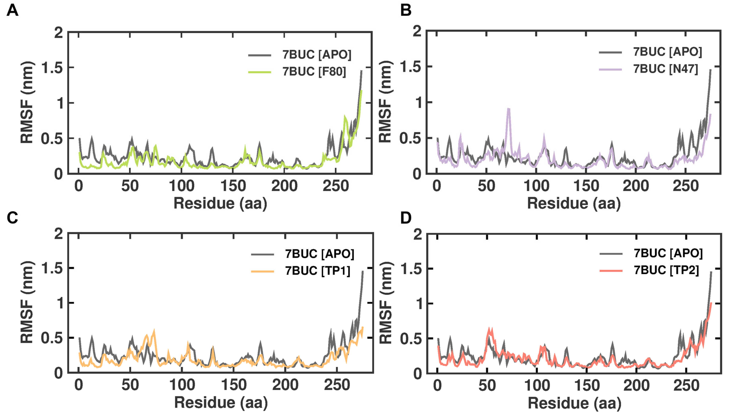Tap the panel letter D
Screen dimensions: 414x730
pos(406,218)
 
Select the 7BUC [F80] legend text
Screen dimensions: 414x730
pos(314,71)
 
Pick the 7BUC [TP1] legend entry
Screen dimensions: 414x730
pos(317,271)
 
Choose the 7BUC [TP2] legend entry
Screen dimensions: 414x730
pos(666,270)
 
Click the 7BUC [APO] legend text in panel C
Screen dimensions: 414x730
pos(319,254)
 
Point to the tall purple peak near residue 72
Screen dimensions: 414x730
pos(508,109)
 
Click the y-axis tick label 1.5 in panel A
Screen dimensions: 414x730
pos(52,68)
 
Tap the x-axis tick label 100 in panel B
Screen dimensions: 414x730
pos(536,186)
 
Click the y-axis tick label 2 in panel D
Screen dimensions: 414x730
pos(417,235)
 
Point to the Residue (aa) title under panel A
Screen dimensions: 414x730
pos(220,204)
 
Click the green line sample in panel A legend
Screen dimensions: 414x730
pos(259,72)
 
